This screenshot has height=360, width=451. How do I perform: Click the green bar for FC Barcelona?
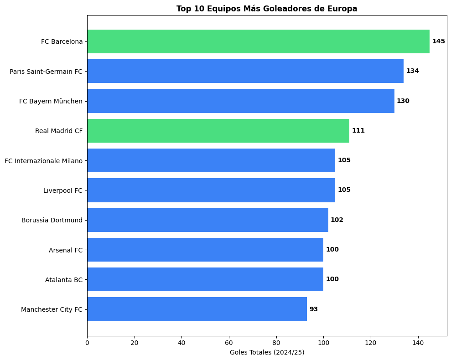point(258,41)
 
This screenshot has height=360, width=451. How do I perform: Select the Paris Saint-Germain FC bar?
point(245,71)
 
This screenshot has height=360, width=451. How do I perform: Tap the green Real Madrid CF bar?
point(218,131)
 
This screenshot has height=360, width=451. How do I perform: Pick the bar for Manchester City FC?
point(197,309)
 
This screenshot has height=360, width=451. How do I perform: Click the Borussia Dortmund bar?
point(207,220)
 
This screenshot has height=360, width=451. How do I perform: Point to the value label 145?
point(438,41)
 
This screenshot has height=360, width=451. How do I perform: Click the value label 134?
point(412,71)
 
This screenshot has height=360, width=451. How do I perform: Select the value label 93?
point(313,309)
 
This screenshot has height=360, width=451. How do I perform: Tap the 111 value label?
point(358,131)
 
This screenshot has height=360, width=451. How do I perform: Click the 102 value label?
point(337,220)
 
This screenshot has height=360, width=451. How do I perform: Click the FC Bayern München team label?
point(51,101)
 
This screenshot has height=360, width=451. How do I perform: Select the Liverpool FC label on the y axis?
point(63,190)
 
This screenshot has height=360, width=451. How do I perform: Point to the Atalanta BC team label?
point(64,280)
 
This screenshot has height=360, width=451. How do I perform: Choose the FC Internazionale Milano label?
point(44,160)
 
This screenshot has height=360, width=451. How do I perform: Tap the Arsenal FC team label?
point(66,250)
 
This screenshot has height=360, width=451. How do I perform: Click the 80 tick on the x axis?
point(276,343)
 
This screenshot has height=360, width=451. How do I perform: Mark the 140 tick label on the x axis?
point(418,343)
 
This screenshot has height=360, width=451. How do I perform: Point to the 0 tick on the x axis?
point(87,343)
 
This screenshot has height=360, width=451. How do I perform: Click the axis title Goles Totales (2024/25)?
point(267,352)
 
